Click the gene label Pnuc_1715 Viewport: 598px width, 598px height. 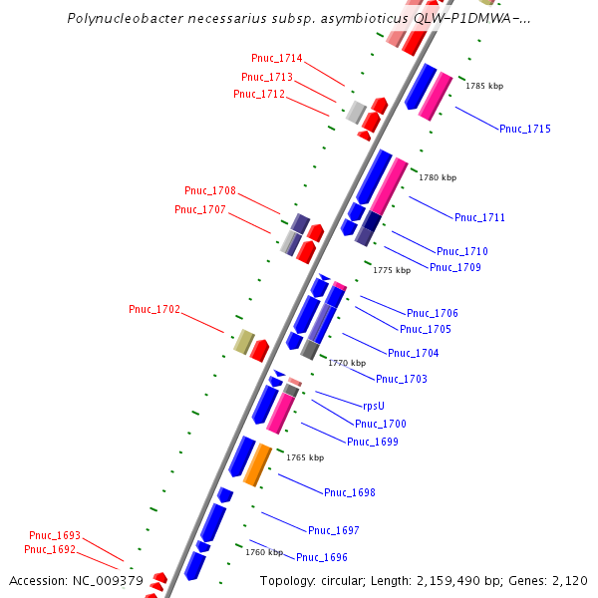click(x=525, y=129)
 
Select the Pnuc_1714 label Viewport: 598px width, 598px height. click(x=277, y=59)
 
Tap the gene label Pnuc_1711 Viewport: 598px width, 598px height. click(x=480, y=217)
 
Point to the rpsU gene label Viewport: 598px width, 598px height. click(x=373, y=406)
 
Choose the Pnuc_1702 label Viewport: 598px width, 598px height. click(x=154, y=309)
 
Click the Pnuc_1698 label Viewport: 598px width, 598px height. click(x=350, y=492)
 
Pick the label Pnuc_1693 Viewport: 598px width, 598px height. click(x=55, y=535)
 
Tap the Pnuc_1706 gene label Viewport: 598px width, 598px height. click(x=433, y=313)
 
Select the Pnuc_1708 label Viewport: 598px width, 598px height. click(x=210, y=190)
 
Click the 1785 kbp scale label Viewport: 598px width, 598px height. click(x=485, y=86)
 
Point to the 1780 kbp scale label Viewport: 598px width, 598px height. click(x=438, y=177)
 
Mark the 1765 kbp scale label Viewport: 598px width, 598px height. click(x=305, y=457)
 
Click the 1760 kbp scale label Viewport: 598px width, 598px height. click(x=264, y=552)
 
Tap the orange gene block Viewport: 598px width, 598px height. click(x=257, y=463)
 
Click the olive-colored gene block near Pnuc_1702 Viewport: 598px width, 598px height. click(x=243, y=342)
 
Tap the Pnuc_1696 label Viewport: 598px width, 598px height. click(x=322, y=557)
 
